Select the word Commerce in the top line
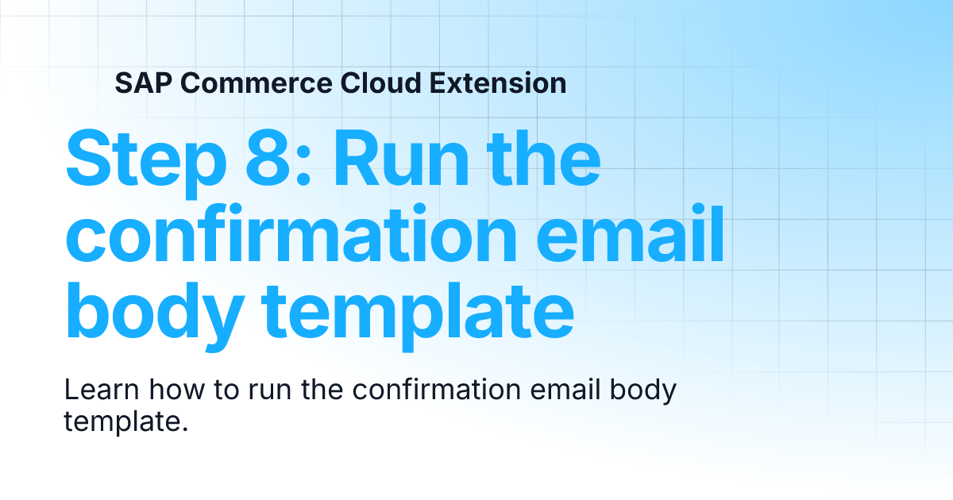[244, 83]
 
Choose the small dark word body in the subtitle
[646, 392]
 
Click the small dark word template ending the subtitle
[125, 421]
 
